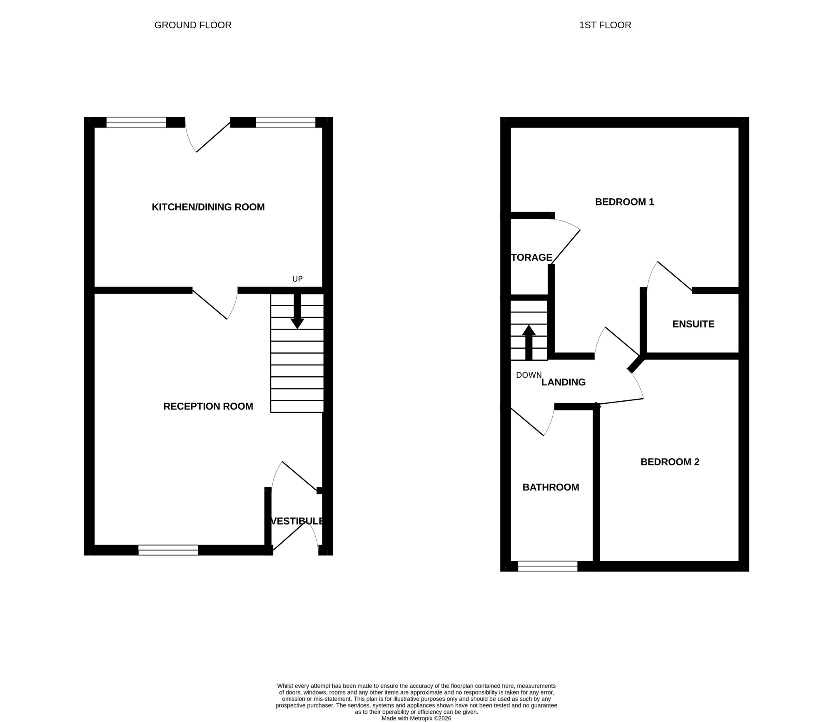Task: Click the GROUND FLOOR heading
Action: pos(193,25)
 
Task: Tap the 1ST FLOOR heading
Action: pos(605,25)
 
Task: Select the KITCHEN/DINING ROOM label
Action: pos(208,207)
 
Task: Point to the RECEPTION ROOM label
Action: pos(208,406)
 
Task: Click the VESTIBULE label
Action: pos(297,521)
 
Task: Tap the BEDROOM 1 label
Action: pos(625,202)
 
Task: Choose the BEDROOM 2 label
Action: pos(670,462)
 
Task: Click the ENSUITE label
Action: pos(693,324)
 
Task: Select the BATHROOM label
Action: pos(551,487)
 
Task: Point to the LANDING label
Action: pos(564,382)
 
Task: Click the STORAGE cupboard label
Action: pos(532,257)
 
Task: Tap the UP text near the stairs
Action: pos(297,279)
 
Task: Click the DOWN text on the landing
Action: pos(529,375)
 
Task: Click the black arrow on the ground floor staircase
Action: pos(297,312)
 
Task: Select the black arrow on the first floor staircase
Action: pos(529,342)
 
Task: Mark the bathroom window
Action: pos(548,566)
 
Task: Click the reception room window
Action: pos(168,550)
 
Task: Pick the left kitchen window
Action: pos(137,122)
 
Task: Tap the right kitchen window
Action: pos(286,122)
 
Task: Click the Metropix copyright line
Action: pos(416,718)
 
